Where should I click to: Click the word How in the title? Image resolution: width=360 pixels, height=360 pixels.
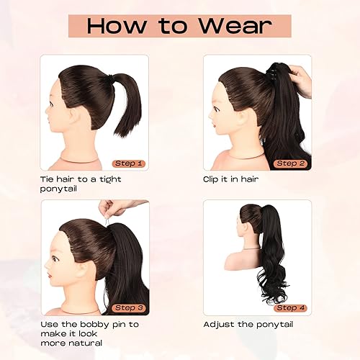117,26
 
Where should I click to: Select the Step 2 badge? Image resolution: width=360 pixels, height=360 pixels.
291,163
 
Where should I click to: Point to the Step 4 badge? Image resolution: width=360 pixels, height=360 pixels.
291,307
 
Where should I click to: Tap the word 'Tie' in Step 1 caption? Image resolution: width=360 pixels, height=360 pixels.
48,179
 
